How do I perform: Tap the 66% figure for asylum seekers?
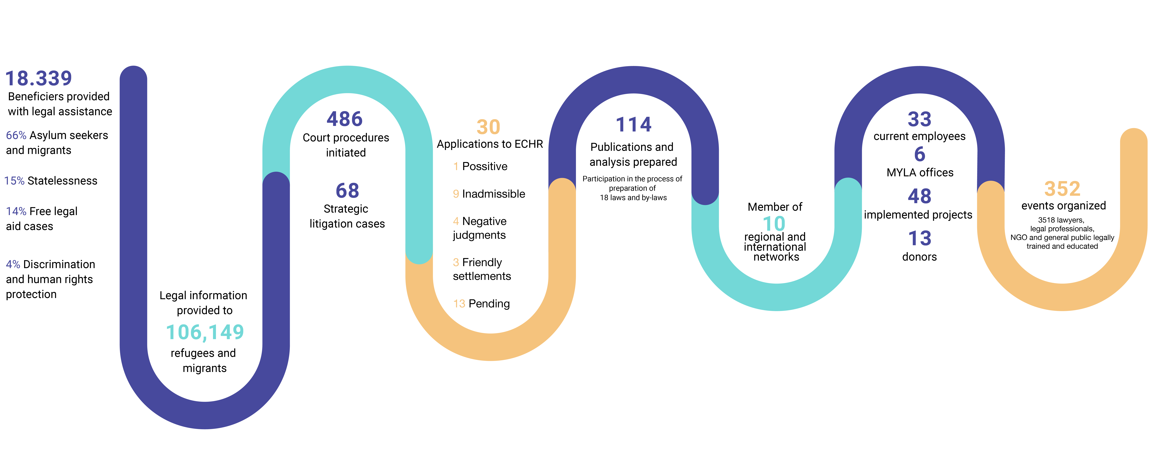point(16,135)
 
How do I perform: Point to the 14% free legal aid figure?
point(16,211)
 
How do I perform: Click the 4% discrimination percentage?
point(13,264)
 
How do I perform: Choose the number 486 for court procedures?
point(345,119)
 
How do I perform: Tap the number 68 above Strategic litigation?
point(347,191)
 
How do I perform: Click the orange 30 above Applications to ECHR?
point(488,127)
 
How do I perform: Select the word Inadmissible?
point(494,194)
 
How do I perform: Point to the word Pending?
point(489,304)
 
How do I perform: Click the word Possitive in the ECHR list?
point(485,166)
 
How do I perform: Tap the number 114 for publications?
point(633,124)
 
